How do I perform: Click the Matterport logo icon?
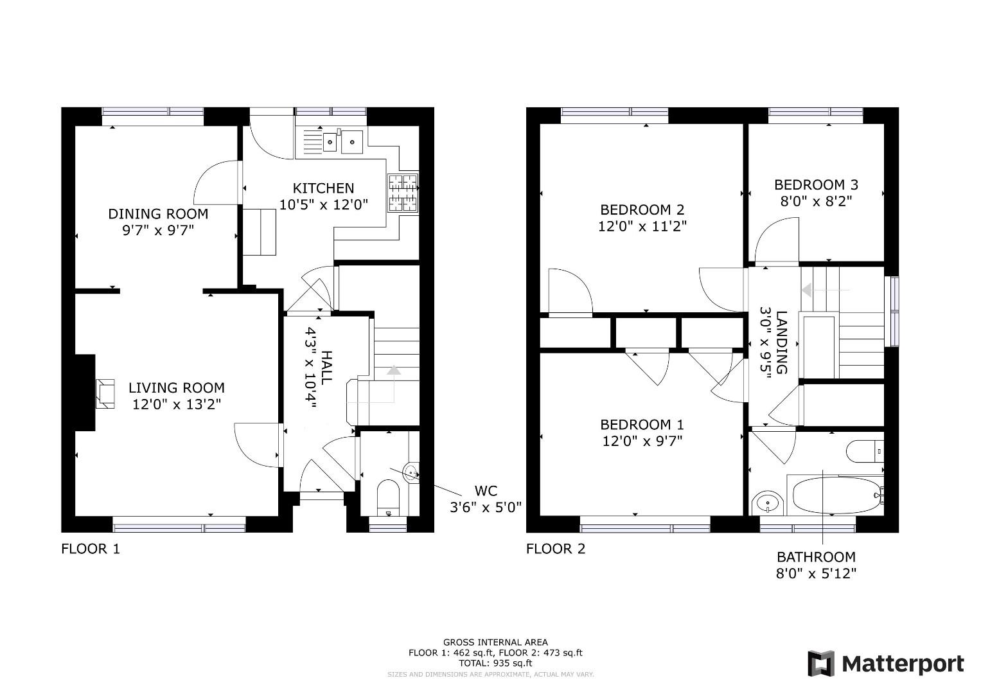click(x=822, y=663)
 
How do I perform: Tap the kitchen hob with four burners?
click(x=403, y=193)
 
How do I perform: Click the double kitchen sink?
click(x=343, y=141)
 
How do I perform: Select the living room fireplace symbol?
click(x=105, y=393)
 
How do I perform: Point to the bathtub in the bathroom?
click(x=836, y=495)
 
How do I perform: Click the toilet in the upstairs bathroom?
click(x=865, y=451)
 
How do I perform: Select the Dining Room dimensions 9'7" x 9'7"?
click(x=158, y=230)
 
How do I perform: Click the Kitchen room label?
click(x=323, y=188)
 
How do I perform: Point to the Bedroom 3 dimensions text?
click(x=817, y=202)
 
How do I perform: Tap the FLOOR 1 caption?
click(x=90, y=549)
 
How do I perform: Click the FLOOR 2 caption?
click(x=555, y=549)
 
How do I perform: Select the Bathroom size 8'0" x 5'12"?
click(x=817, y=573)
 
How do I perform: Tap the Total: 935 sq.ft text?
click(x=495, y=663)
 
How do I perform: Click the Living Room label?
click(x=177, y=387)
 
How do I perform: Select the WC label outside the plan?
click(x=486, y=490)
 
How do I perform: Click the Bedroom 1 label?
click(x=642, y=425)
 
